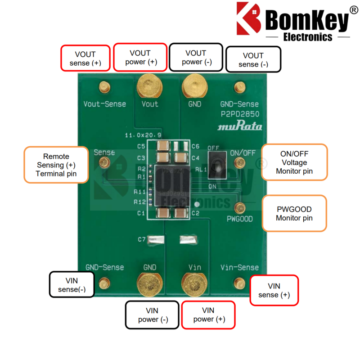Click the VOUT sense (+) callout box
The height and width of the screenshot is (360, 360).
click(85, 58)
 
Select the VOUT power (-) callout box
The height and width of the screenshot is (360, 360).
click(196, 57)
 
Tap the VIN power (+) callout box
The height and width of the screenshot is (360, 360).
click(208, 315)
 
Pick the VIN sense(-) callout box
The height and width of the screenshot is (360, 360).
click(72, 284)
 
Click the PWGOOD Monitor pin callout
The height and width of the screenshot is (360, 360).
click(294, 213)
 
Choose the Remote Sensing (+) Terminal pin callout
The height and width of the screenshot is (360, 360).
click(56, 165)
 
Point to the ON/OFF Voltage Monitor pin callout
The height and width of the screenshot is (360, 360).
click(294, 162)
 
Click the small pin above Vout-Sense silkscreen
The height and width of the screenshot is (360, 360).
click(105, 86)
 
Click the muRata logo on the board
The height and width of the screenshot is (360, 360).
click(239, 126)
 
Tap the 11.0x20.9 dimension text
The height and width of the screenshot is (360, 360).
click(143, 135)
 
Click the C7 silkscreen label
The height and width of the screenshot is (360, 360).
click(141, 239)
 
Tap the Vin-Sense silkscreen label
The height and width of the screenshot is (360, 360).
click(239, 267)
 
